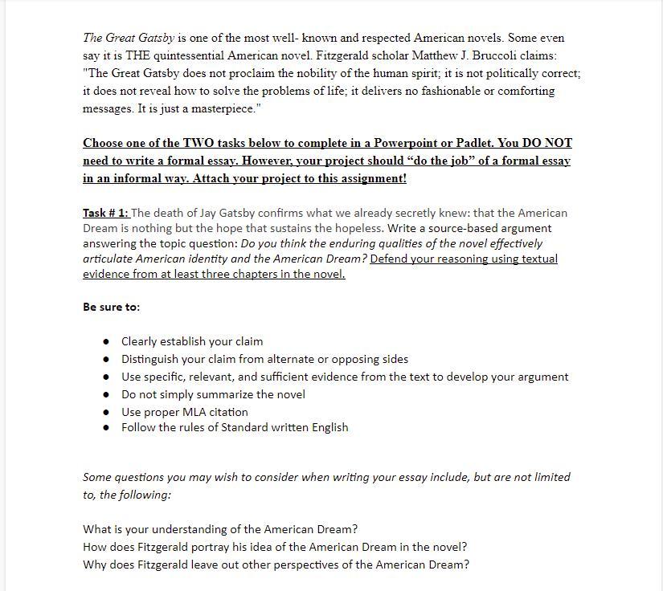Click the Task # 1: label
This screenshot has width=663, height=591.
pyautogui.click(x=105, y=213)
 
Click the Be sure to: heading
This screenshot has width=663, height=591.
pyautogui.click(x=111, y=307)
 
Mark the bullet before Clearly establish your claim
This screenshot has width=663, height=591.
pyautogui.click(x=106, y=341)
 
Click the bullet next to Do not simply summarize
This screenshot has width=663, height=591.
pyautogui.click(x=106, y=394)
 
